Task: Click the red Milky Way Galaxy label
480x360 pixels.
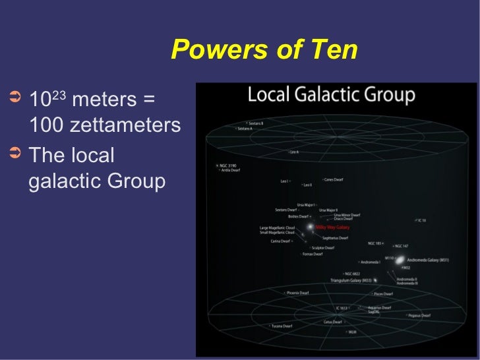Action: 333,227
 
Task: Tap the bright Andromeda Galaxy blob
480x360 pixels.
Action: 400,259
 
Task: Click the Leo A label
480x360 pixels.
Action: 294,152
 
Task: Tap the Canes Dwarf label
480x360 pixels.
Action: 334,179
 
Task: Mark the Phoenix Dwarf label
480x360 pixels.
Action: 297,293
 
